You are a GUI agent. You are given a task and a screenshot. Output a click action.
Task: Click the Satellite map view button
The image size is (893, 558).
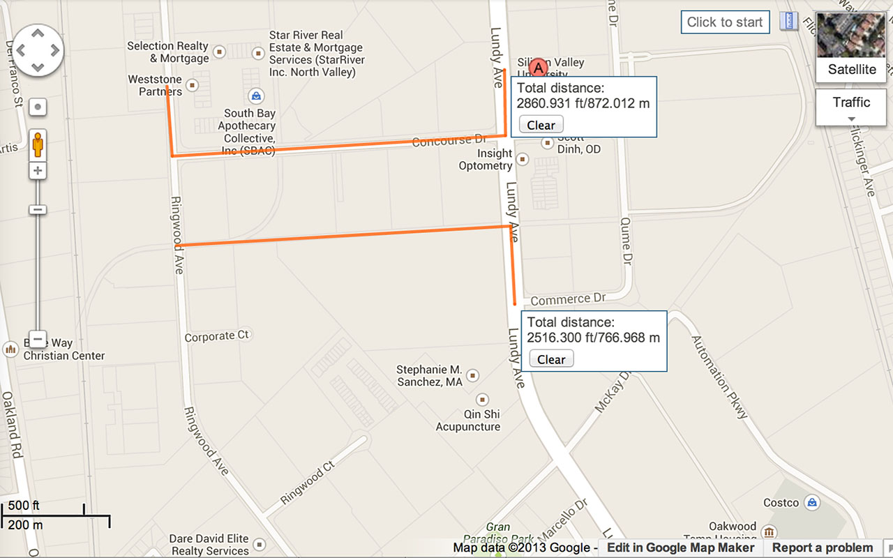851,47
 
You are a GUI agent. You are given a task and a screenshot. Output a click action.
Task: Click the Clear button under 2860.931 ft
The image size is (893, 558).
541,125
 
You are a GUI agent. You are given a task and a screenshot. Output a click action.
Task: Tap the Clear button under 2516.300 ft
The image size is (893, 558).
551,359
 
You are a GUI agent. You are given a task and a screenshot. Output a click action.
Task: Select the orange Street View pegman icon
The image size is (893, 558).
38,145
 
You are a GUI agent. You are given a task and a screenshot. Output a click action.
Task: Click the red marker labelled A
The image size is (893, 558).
538,68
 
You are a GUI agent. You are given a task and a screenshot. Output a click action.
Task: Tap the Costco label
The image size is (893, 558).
781,503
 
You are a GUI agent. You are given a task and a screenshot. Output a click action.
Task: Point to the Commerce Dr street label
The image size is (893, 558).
568,299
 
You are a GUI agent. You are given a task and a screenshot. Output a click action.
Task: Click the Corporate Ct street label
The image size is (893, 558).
216,336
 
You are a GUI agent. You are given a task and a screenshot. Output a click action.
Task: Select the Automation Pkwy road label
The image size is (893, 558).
719,377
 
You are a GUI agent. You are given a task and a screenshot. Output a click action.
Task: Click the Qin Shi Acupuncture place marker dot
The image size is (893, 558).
482,400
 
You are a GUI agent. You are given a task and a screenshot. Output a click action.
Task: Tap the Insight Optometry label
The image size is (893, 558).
486,160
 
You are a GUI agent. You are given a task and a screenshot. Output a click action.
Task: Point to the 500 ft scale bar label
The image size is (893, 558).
24,506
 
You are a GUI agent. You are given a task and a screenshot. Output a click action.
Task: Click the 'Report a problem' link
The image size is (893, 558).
822,548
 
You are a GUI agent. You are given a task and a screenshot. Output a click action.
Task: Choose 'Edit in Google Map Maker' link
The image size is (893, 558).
680,548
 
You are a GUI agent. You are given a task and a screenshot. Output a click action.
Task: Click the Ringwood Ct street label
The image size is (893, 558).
308,483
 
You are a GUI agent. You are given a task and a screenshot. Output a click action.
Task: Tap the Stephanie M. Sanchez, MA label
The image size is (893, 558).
429,376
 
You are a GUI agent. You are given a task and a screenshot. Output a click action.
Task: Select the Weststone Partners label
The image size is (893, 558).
155,86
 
